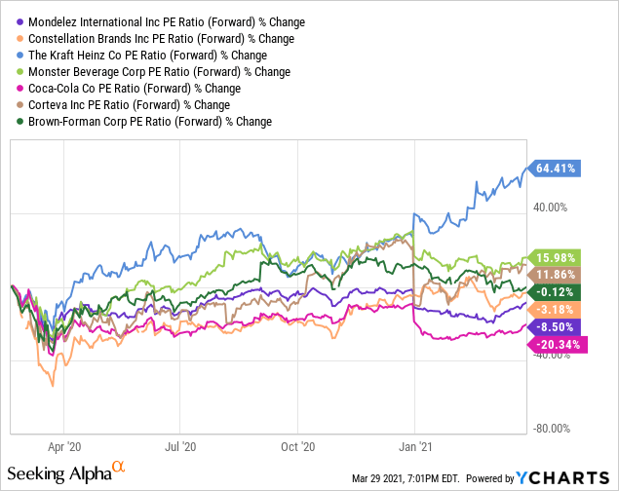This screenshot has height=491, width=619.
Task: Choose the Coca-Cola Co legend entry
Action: pos(127,88)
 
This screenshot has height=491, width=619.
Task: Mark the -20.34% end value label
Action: pos(559,344)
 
